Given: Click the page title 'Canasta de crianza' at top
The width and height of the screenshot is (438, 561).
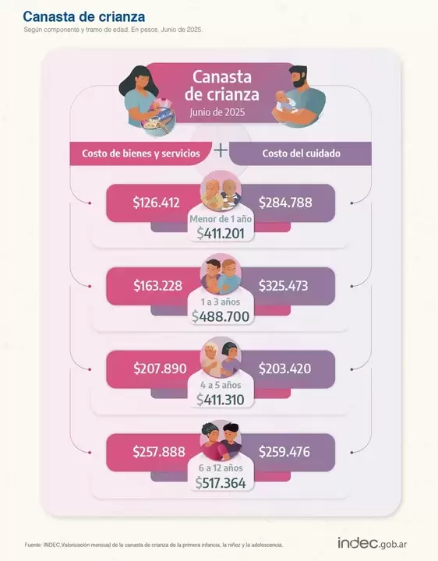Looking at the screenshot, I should click(x=83, y=16).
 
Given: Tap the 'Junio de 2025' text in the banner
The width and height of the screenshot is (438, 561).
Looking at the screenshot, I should click(x=219, y=112).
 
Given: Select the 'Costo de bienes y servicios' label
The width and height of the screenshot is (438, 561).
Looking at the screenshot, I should click(x=141, y=153).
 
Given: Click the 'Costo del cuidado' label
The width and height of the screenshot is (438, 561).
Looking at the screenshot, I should click(x=301, y=153).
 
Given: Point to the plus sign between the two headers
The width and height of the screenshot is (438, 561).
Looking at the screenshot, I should click(x=221, y=150).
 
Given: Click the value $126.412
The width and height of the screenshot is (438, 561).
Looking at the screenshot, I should click(x=157, y=203).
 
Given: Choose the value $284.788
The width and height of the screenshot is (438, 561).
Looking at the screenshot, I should click(x=285, y=203).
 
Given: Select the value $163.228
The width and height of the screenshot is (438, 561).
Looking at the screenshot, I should click(x=157, y=286).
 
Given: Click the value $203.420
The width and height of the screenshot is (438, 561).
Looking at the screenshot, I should click(x=284, y=369).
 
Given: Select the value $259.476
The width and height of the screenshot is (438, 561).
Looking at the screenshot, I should click(x=284, y=452).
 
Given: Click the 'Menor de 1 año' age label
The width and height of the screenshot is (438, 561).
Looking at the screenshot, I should click(x=221, y=219).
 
